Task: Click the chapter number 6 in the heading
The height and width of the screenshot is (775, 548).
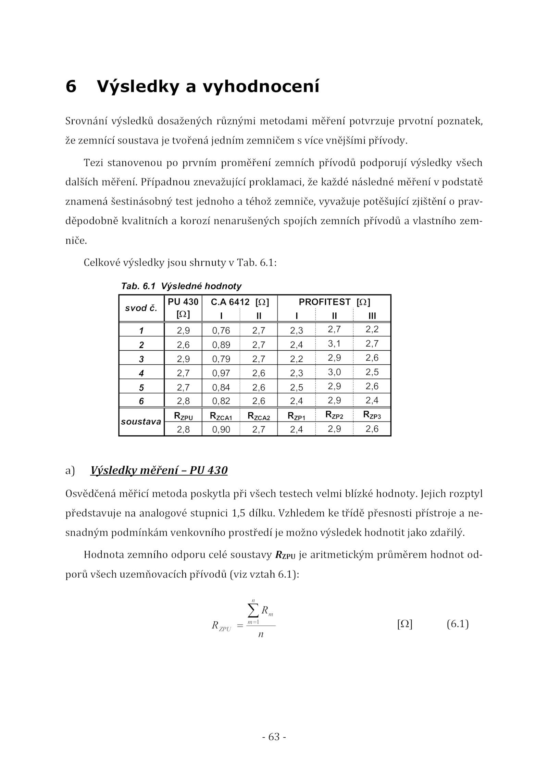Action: pos(71,86)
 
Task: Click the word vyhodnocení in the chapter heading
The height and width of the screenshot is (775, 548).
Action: pos(261,86)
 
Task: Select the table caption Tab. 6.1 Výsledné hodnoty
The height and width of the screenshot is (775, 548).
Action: pos(181,286)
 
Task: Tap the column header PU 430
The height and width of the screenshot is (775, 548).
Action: pos(183,302)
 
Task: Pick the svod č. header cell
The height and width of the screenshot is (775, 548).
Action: pos(141,308)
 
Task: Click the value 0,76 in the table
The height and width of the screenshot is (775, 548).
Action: pos(221,330)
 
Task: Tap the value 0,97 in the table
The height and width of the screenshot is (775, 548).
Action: pos(221,373)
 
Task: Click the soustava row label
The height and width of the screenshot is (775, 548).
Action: pos(141,422)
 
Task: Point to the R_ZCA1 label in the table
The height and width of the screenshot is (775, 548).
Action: pos(221,416)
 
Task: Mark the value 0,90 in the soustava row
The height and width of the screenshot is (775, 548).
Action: pos(221,429)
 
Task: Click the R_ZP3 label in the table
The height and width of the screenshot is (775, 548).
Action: pos(372,415)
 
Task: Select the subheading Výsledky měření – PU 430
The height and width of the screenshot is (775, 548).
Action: pos(159,471)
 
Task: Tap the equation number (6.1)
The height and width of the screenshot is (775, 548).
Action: pos(457,624)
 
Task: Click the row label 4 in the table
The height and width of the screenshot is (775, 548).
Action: pos(141,373)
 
